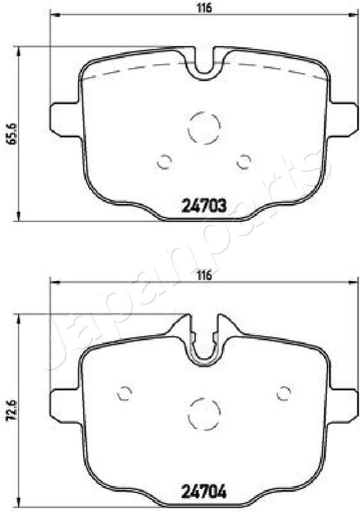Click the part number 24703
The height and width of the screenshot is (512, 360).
pyautogui.click(x=204, y=205)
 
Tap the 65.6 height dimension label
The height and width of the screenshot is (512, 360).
pyautogui.click(x=12, y=134)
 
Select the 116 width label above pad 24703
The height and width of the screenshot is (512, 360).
pyautogui.click(x=204, y=8)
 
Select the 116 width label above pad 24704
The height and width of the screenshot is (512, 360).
pyautogui.click(x=204, y=275)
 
